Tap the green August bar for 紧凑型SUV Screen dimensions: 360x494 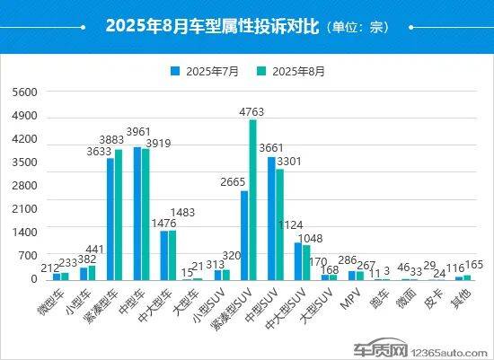tap(253, 199)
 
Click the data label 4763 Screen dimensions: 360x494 tap(253, 112)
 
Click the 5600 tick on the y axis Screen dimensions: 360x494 tap(25, 92)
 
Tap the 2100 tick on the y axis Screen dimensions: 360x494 tap(25, 208)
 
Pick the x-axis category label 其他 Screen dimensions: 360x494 tap(461, 295)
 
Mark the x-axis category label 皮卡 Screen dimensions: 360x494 tap(434, 295)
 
